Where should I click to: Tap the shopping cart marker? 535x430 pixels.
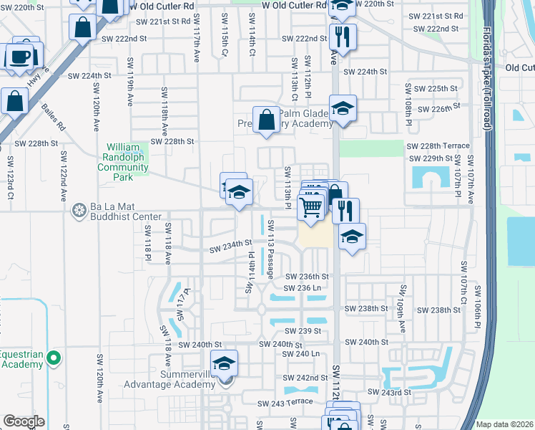(311, 206)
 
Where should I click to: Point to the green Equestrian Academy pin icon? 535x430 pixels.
(53, 357)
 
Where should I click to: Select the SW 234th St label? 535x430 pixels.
(230, 248)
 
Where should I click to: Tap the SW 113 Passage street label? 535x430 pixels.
(271, 249)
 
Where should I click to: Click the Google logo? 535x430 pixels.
(24, 421)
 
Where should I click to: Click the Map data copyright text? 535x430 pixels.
(504, 424)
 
